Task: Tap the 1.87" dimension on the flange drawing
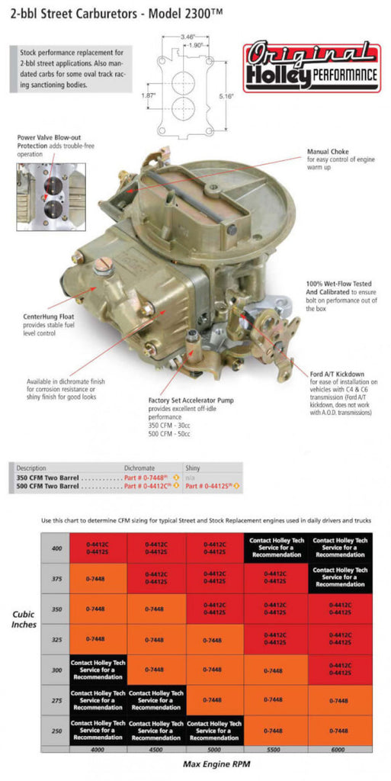coord(149,95)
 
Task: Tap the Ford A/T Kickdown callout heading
coord(336,374)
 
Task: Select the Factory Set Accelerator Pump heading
coord(191,399)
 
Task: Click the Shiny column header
coord(194,468)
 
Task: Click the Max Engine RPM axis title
coord(217,763)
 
